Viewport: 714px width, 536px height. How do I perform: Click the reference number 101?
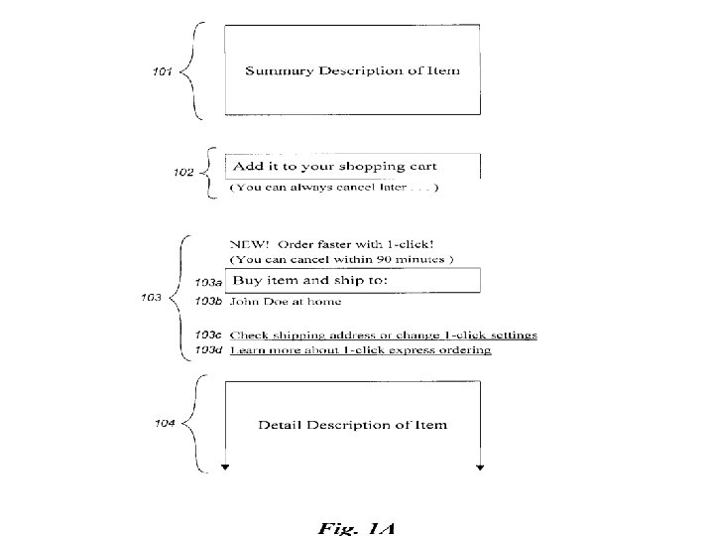tap(162, 71)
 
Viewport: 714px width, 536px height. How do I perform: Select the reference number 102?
tap(183, 173)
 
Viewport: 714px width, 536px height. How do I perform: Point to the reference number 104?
tap(165, 424)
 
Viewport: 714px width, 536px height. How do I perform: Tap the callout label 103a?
tap(208, 283)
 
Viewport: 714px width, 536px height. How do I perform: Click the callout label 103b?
tap(208, 301)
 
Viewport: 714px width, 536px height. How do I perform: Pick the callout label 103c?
tap(208, 335)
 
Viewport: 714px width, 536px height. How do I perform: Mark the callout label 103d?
tap(208, 349)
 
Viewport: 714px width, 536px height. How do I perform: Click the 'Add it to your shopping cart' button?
tap(353, 167)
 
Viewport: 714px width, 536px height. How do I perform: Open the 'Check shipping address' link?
tap(384, 335)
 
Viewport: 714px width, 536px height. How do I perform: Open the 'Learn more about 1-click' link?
tap(360, 350)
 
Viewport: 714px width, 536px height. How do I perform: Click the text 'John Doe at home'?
tap(286, 302)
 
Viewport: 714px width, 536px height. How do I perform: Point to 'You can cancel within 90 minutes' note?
tap(341, 259)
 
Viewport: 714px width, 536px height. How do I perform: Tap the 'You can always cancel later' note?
tap(334, 188)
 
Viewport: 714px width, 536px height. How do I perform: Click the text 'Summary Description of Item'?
tap(352, 70)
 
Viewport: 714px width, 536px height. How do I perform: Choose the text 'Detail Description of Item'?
tap(352, 425)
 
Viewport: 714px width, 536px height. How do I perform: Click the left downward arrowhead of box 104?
tap(225, 468)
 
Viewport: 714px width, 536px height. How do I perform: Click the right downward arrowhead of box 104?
tap(480, 468)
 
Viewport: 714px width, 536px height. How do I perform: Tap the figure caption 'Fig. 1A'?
tap(357, 528)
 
